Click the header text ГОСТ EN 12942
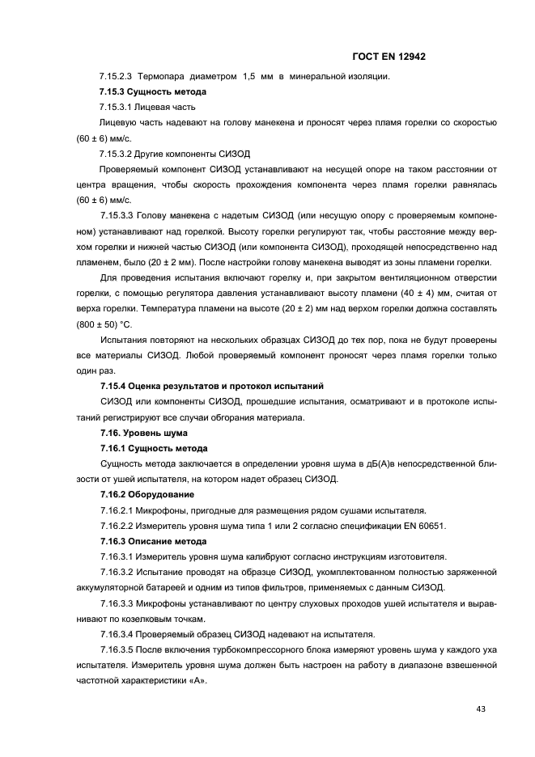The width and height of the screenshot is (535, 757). click(389, 57)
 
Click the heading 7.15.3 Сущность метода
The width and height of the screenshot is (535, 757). click(152, 92)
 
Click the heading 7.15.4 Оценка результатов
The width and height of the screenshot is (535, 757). click(182, 387)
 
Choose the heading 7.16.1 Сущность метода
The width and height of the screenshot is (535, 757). click(154, 448)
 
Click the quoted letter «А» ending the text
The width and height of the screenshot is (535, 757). click(197, 679)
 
